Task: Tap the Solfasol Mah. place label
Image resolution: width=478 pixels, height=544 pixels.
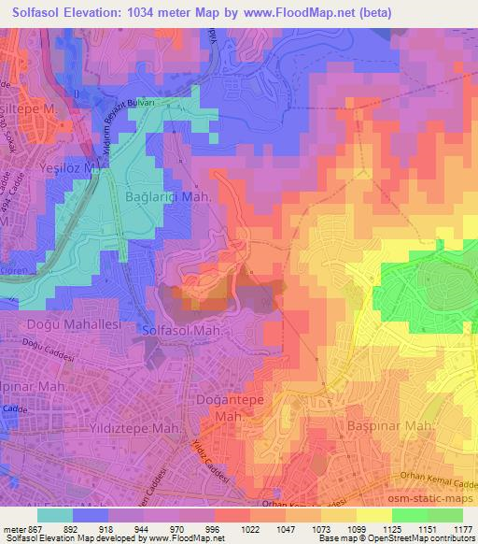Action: click(182, 331)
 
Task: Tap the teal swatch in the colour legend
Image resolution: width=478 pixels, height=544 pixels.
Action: click(55, 514)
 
